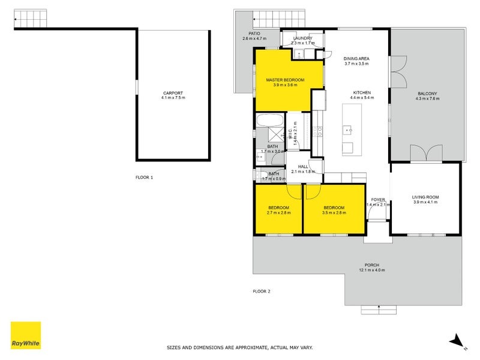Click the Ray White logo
coord(26,335)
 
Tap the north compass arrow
coord(457,340)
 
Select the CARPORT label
coord(173,93)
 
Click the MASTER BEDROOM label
coord(285,80)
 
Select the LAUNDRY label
coord(302,38)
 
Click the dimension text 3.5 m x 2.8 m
coord(334,212)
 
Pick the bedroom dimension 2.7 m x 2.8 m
coord(278,212)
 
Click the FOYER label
coord(378,199)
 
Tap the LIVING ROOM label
coord(425,197)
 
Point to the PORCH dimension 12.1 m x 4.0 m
coord(372,270)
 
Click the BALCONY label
coord(427,93)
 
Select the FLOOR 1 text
coord(144,178)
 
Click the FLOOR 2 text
coord(262,292)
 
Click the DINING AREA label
coord(356,59)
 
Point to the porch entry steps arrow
coord(379,309)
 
